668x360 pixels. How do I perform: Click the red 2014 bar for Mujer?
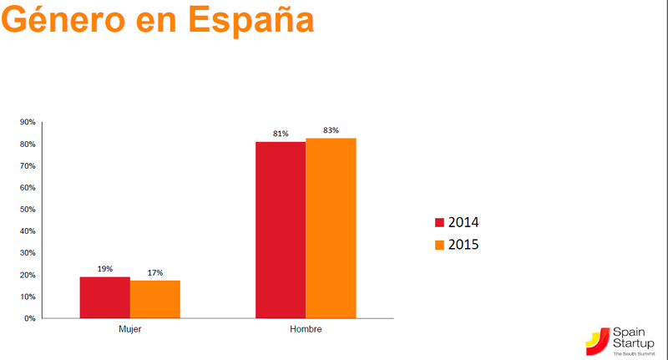[105, 297]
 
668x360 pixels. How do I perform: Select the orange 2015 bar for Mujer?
[155, 299]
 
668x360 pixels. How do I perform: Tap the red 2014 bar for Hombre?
[281, 230]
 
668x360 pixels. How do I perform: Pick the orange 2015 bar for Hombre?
[331, 228]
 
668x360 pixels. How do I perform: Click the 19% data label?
[104, 269]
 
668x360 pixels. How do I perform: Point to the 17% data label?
[154, 273]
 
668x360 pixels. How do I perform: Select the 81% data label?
[280, 134]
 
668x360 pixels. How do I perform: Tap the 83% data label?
[331, 129]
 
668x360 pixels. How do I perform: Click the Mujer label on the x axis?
[129, 330]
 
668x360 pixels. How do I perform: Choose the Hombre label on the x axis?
[306, 330]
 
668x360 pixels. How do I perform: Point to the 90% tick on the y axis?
[28, 123]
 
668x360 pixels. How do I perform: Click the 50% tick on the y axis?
[28, 210]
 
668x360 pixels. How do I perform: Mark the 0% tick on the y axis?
[29, 318]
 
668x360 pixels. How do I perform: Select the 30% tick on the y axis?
[28, 253]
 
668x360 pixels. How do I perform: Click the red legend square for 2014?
[440, 222]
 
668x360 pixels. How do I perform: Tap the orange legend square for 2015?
[440, 246]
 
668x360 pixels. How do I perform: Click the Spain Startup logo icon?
[596, 340]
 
